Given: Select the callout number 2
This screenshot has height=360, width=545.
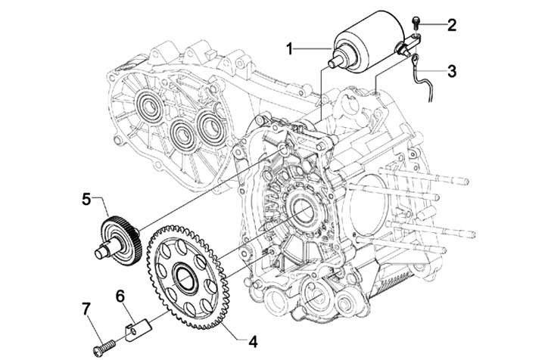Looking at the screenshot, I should (451, 24).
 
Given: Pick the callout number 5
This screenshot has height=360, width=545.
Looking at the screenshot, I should (86, 198).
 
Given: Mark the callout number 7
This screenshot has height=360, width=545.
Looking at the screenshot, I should (86, 309).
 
